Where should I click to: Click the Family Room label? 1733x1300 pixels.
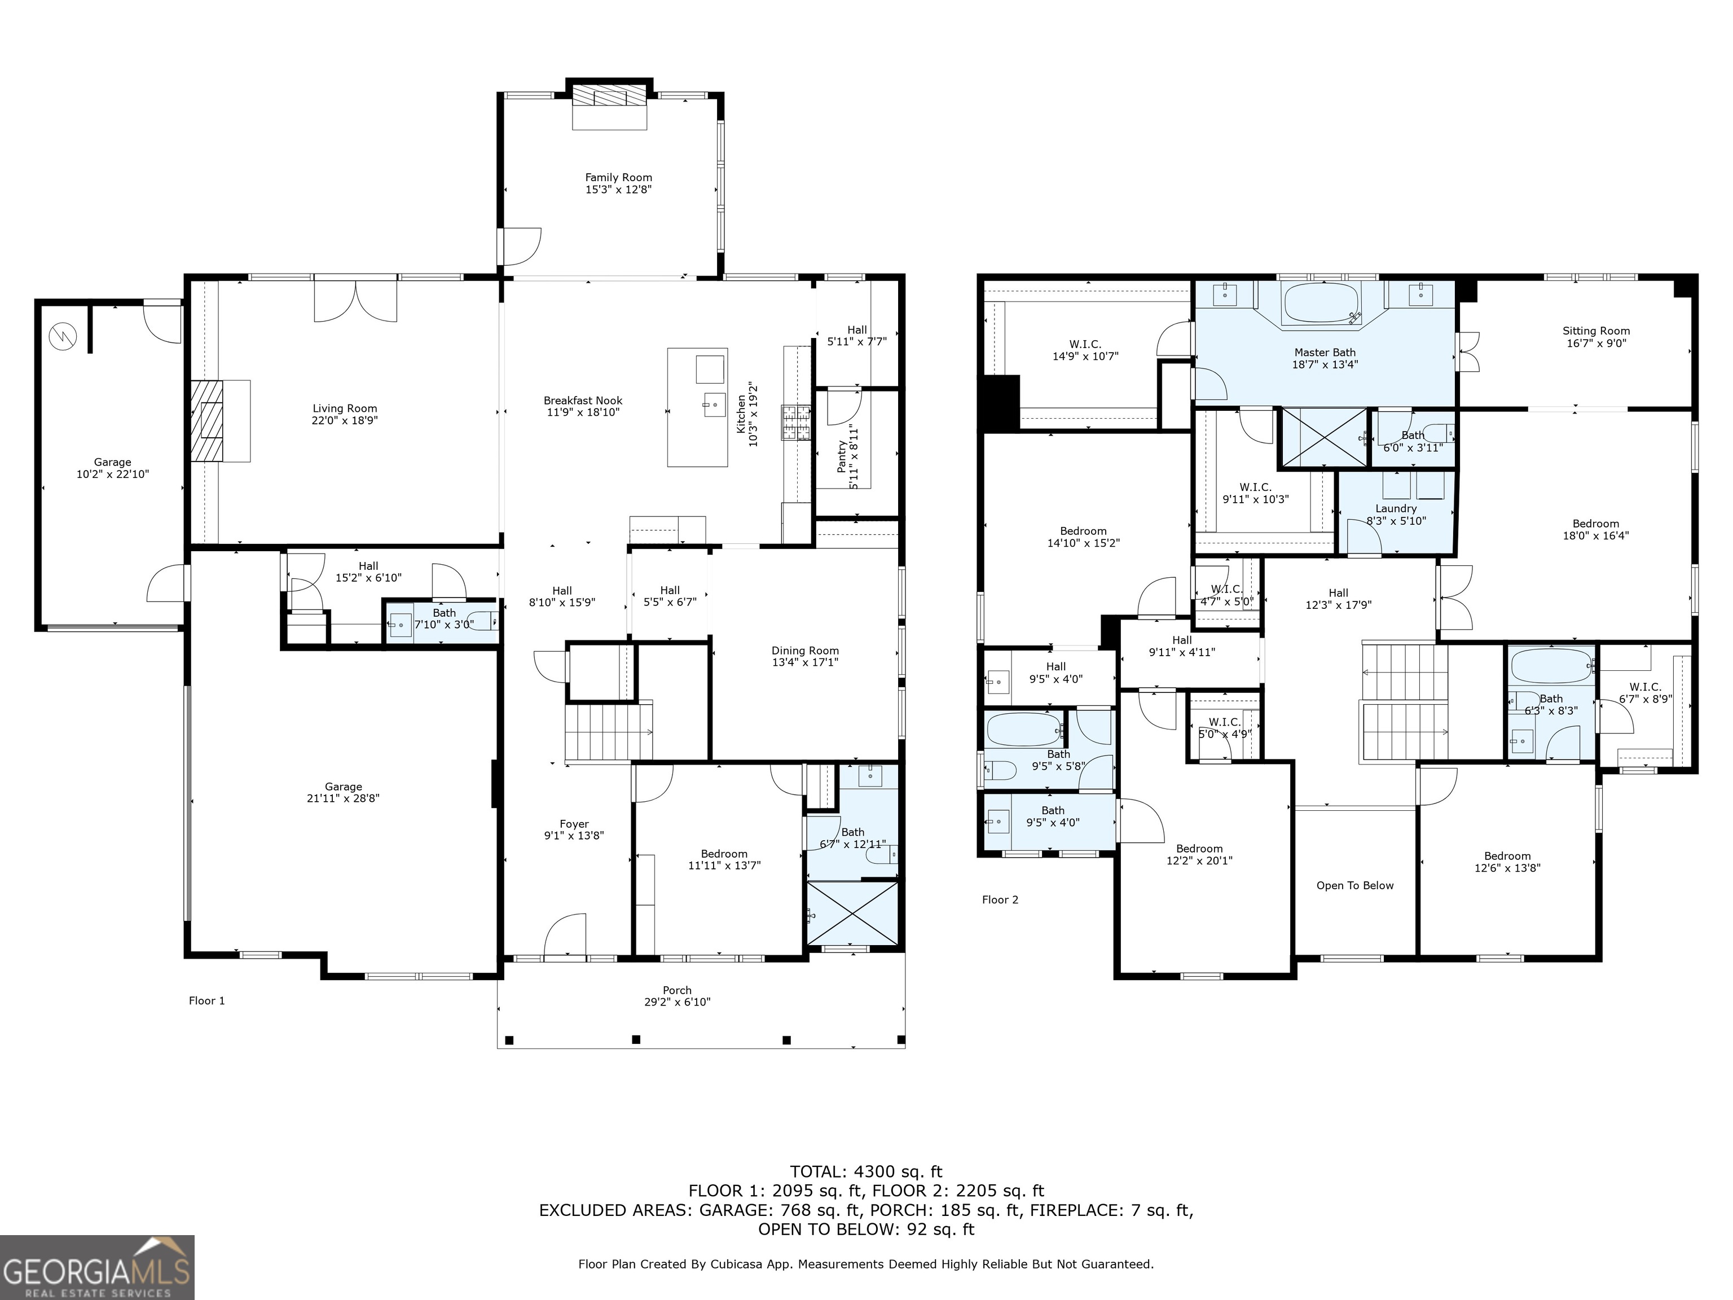618,178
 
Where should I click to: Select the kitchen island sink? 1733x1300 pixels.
714,405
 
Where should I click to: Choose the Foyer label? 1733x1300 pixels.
574,824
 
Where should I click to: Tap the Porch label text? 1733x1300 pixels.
677,990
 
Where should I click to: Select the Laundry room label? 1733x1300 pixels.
1396,508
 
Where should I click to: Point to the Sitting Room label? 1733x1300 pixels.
1596,331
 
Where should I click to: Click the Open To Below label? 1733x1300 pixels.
1354,885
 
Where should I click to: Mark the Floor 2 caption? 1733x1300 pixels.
1000,899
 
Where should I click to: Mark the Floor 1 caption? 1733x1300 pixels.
207,1000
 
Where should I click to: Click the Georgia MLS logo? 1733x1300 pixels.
97,1268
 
